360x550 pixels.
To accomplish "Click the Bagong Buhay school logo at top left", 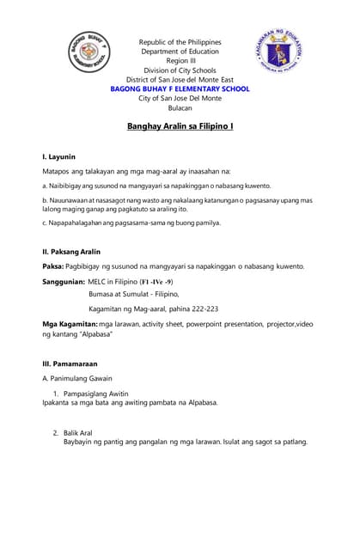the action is point(88,52).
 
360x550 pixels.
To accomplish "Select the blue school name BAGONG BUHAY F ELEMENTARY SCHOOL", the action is point(180,89).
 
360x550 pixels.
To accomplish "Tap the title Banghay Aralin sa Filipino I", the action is point(180,126).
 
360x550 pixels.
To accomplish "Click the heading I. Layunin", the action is point(59,157).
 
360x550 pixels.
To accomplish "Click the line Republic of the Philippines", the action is point(180,42).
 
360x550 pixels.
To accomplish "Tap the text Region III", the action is point(180,61).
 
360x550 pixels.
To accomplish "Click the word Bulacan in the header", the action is point(180,107).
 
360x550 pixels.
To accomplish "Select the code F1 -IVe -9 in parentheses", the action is point(157,281).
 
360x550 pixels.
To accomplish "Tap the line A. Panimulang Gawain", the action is point(76,378).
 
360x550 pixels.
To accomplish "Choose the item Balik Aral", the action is point(77,432).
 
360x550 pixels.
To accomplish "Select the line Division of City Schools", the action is point(180,70).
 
